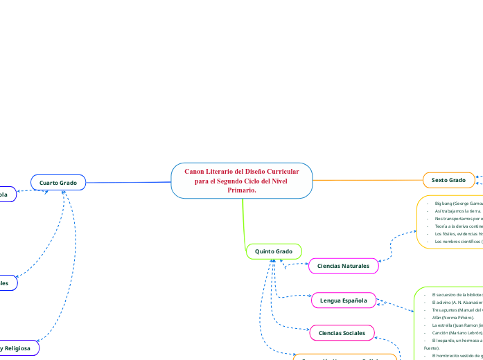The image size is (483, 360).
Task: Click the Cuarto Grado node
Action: pyautogui.click(x=58, y=182)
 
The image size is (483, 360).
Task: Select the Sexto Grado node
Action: pyautogui.click(x=448, y=180)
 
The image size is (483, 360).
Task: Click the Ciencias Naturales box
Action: pyautogui.click(x=343, y=265)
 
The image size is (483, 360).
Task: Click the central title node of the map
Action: pyautogui.click(x=241, y=180)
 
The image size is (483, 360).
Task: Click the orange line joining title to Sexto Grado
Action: pyautogui.click(x=367, y=180)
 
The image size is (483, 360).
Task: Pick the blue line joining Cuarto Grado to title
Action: pyautogui.click(x=128, y=182)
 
